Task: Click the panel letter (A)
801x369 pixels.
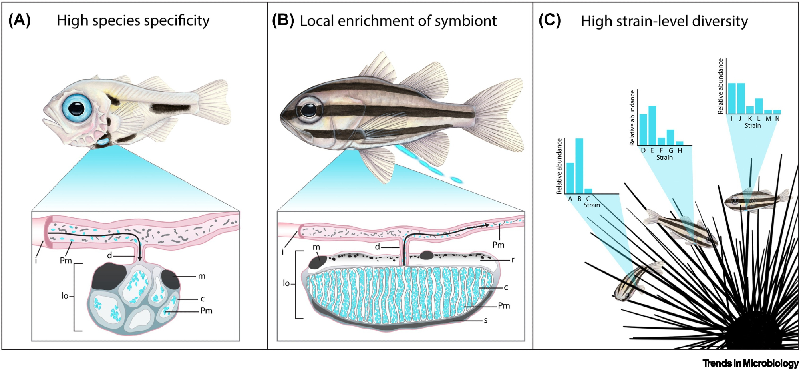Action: [x=19, y=20]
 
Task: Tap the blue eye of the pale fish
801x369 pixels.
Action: [x=76, y=107]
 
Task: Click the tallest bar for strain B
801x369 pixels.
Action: [x=579, y=166]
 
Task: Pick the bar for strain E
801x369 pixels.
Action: [x=652, y=126]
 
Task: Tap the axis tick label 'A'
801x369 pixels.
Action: [x=570, y=199]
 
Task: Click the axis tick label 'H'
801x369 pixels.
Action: [x=680, y=151]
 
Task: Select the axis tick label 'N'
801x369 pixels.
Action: [x=777, y=119]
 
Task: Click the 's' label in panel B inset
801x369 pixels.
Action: [x=485, y=321]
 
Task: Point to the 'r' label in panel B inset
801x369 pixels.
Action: [x=513, y=260]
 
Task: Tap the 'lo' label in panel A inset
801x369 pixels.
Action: [x=65, y=296]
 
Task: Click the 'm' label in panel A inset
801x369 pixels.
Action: [x=202, y=276]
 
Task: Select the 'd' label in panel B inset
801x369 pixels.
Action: [x=377, y=247]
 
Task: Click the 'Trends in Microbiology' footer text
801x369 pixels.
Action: [x=750, y=363]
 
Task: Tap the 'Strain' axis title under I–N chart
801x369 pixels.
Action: [x=753, y=126]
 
